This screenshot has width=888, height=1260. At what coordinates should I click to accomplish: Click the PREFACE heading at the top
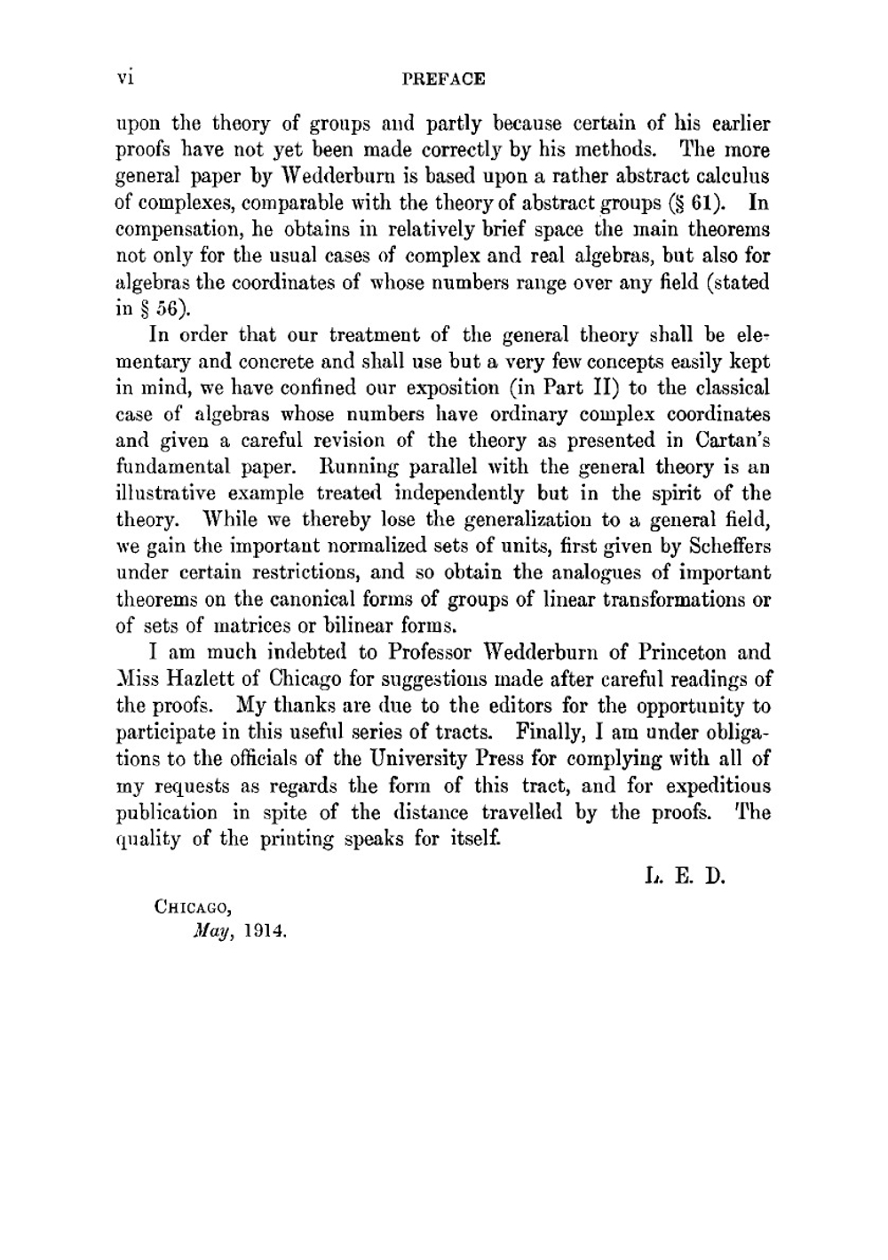pyautogui.click(x=444, y=79)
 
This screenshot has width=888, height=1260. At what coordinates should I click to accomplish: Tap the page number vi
pyautogui.click(x=124, y=77)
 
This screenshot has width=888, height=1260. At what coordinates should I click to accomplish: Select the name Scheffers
pyautogui.click(x=727, y=546)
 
